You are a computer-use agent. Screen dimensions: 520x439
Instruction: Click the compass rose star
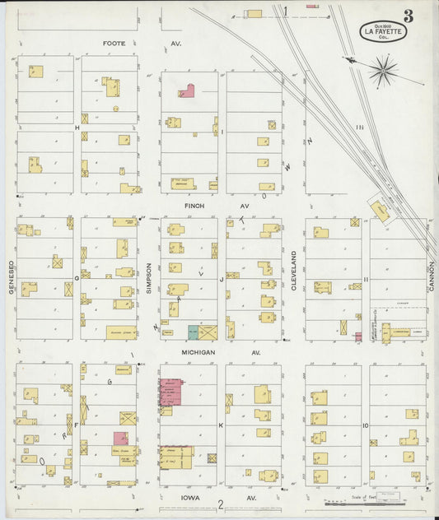click(x=383, y=71)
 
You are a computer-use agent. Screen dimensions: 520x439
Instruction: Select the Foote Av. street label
click(x=142, y=43)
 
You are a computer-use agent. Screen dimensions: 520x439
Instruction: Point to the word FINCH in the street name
click(x=194, y=207)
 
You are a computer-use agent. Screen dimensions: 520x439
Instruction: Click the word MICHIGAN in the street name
click(x=198, y=352)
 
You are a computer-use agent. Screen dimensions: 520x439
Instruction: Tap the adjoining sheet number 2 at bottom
click(x=221, y=504)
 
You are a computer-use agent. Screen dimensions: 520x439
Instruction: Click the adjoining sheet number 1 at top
click(x=286, y=12)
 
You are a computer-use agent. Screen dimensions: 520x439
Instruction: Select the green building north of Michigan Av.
click(x=192, y=332)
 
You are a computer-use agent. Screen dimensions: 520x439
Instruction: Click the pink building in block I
click(x=186, y=91)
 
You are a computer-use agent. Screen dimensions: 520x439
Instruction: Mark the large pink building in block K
click(x=171, y=392)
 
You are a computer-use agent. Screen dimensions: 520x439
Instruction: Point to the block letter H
click(x=77, y=128)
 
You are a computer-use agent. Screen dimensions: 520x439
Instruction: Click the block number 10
click(x=365, y=425)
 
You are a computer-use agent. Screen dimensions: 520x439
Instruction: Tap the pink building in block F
click(x=120, y=439)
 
